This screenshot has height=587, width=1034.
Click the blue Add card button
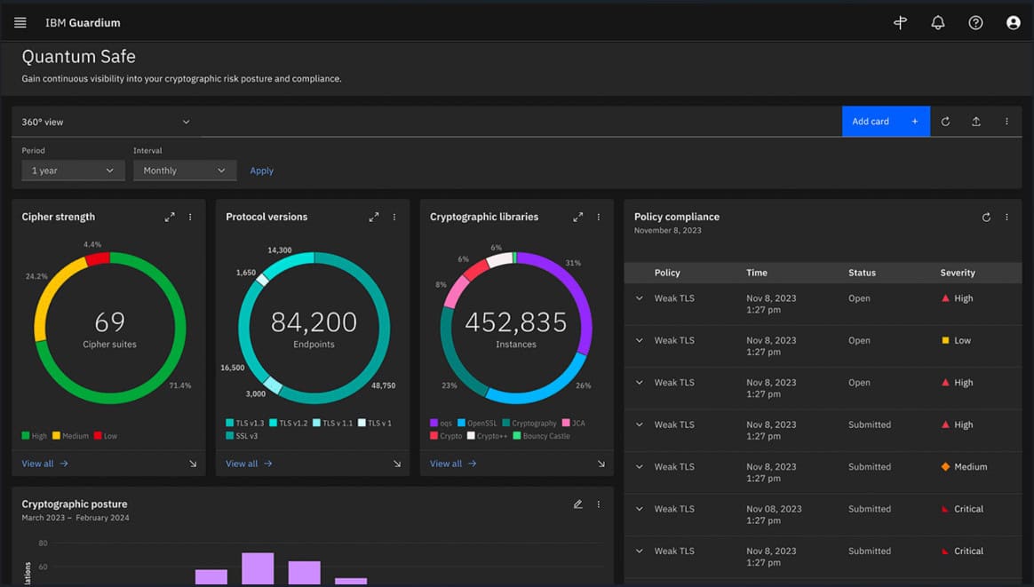[x=885, y=122]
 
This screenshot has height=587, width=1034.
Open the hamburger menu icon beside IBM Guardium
[x=20, y=23]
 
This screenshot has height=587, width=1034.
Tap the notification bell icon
[x=938, y=23]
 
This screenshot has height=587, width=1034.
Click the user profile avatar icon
[x=1013, y=23]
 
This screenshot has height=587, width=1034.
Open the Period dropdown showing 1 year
[x=73, y=171]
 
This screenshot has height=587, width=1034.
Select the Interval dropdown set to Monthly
[x=184, y=171]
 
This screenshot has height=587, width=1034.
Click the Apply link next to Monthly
[x=261, y=171]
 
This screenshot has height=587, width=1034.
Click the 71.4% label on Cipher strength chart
[x=180, y=385]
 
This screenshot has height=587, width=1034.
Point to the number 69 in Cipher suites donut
[x=109, y=321]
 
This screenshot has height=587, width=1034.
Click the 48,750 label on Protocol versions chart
[x=383, y=385]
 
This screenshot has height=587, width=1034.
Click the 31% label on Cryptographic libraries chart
[x=573, y=263]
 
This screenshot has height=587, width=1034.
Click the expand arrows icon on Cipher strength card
[x=170, y=217]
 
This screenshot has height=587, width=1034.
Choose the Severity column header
[x=958, y=273]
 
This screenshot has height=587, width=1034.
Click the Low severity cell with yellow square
[x=957, y=341]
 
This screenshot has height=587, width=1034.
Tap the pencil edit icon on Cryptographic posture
[x=577, y=504]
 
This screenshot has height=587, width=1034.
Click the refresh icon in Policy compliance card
[x=986, y=218]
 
